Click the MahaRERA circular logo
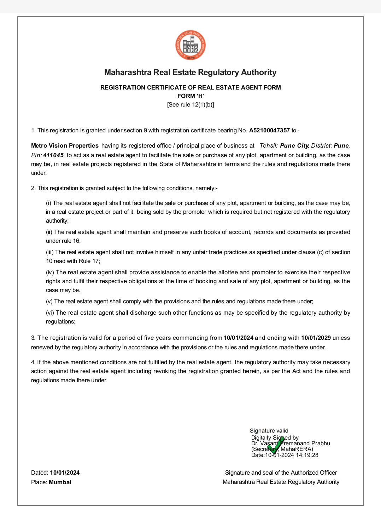[x=190, y=45]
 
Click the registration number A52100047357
[x=269, y=131]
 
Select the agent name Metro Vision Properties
[x=65, y=146]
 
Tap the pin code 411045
[x=53, y=155]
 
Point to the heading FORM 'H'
[x=190, y=96]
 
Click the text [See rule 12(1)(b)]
[x=190, y=105]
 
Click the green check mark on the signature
[x=276, y=445]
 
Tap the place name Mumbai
[x=60, y=482]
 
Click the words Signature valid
[x=269, y=431]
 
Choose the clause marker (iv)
[x=50, y=273]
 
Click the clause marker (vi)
[x=50, y=313]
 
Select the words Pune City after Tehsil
[x=294, y=146]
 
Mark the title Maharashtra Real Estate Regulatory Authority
[x=190, y=73]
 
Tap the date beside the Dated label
[x=65, y=473]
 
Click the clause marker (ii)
[x=49, y=232]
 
